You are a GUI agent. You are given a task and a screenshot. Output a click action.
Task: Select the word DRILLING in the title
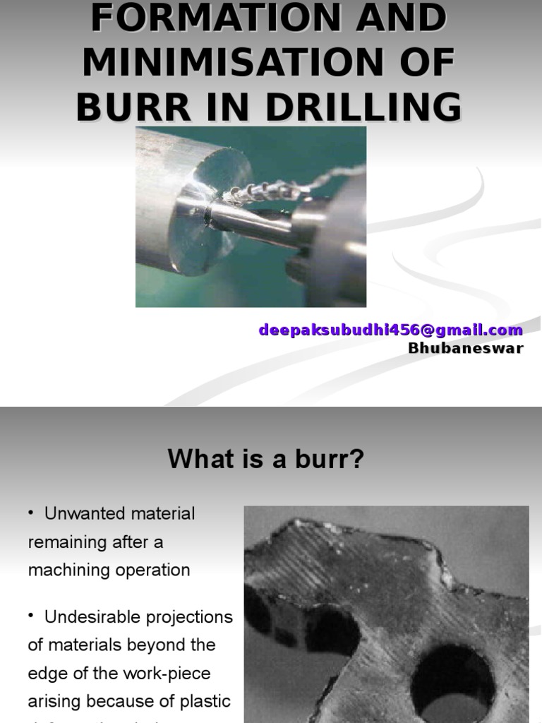[x=366, y=107]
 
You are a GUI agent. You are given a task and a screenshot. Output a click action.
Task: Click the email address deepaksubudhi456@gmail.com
[x=391, y=330]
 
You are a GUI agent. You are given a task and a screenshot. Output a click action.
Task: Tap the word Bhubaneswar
[x=466, y=348]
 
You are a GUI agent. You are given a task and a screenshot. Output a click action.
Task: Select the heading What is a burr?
[x=266, y=460]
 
